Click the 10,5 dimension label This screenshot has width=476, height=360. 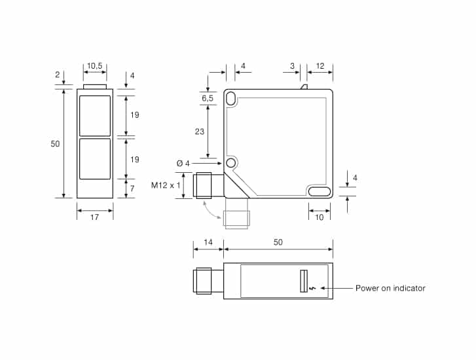(95, 66)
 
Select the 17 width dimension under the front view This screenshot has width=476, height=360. (94, 217)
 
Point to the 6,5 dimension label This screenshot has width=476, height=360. (207, 98)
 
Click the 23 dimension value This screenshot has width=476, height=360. (200, 131)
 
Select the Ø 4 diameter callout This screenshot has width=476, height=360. (183, 163)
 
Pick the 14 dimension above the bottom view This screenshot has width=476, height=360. (208, 242)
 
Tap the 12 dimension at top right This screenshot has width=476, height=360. (320, 66)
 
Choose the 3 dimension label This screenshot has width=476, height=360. (292, 66)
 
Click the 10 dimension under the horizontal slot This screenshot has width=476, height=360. (319, 217)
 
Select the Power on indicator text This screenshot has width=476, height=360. (390, 288)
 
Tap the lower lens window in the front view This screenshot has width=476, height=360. (95, 158)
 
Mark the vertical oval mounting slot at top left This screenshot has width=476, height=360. (230, 98)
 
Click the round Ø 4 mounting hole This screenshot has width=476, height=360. (230, 163)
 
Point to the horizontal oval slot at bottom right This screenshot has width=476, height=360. (320, 191)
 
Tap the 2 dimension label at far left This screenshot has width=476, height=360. (58, 75)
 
